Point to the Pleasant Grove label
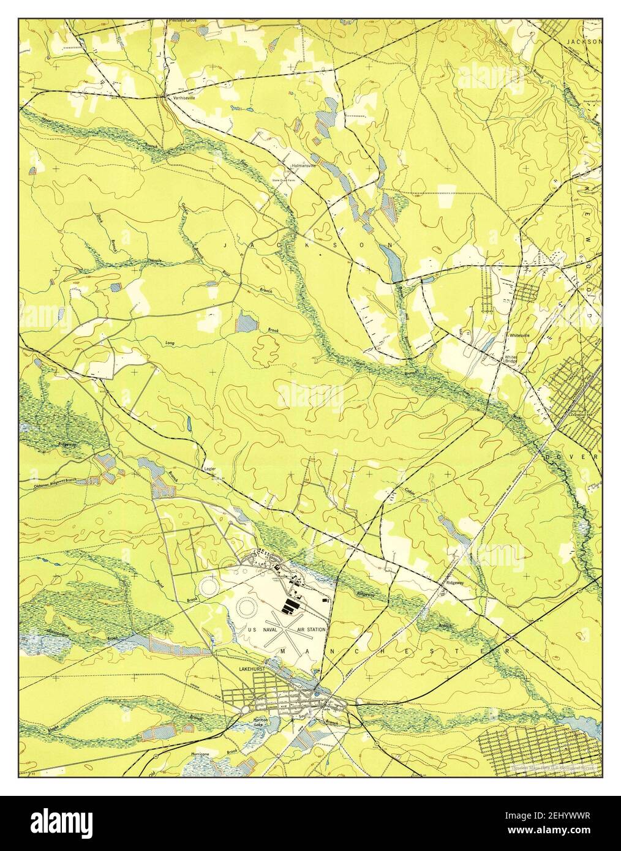tap(183, 22)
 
